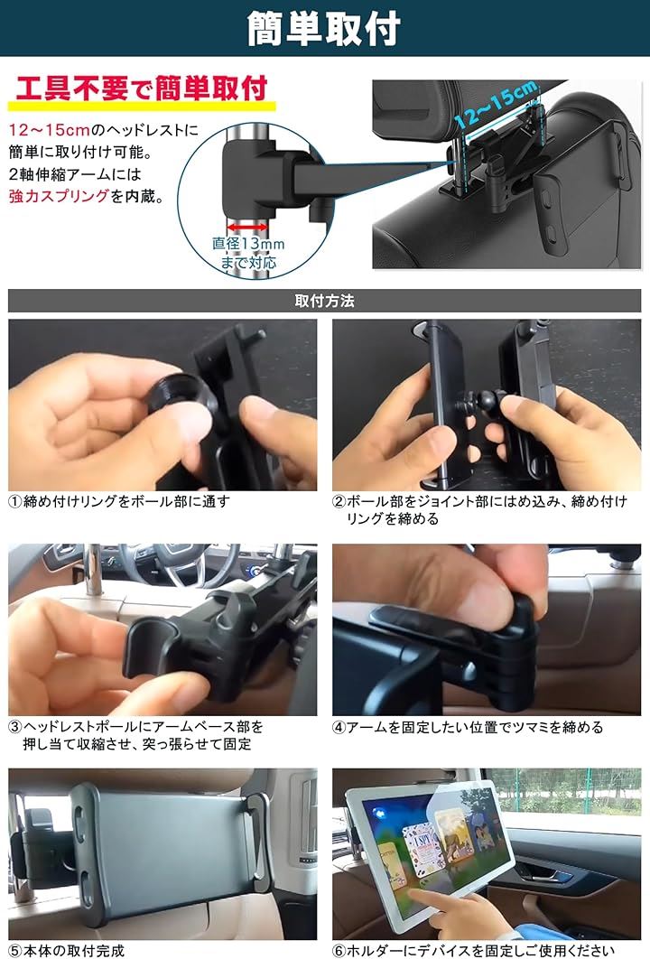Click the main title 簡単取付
coord(323,28)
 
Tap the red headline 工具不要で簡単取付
coord(142,88)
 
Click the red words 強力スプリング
coord(59,196)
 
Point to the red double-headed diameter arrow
coord(247,228)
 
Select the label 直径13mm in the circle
coord(248,244)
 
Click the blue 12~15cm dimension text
coord(497,103)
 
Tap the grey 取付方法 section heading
coord(324,301)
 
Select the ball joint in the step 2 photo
coord(483,404)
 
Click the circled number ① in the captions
coord(15,502)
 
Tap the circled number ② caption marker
coord(339,502)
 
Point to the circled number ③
coord(15,727)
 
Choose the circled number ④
coord(339,727)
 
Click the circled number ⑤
coord(15,951)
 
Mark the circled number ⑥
coord(339,951)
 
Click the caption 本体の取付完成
coord(73,951)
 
